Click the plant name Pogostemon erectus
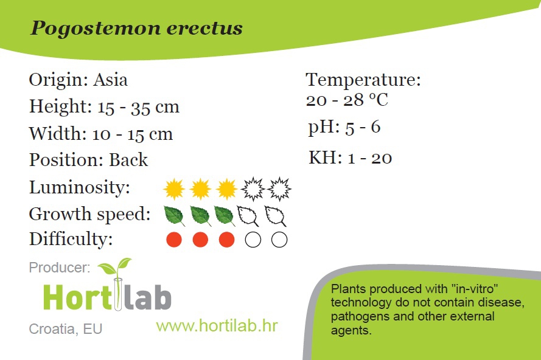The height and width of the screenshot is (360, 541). click(x=137, y=28)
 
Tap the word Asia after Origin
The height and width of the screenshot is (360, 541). click(x=110, y=80)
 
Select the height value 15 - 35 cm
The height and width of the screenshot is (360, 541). click(x=138, y=107)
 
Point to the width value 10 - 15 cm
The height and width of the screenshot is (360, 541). click(x=133, y=134)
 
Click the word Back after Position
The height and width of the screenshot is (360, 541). click(x=128, y=160)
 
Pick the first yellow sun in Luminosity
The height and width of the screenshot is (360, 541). click(x=174, y=189)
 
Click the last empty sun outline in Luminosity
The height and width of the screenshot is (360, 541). click(x=279, y=189)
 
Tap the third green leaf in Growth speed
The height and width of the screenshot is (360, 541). click(x=225, y=216)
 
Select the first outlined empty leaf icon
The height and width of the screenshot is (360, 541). click(x=248, y=216)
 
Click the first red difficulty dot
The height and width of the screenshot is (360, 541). click(x=174, y=240)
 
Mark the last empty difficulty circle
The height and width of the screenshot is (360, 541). click(x=279, y=240)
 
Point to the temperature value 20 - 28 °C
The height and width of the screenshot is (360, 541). click(x=347, y=100)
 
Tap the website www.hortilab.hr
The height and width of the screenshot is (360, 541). click(x=217, y=326)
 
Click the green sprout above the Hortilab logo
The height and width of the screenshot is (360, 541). click(x=115, y=267)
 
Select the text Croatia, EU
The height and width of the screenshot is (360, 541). click(x=66, y=329)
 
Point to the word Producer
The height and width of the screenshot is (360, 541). click(x=60, y=268)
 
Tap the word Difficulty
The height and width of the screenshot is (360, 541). click(x=71, y=240)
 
